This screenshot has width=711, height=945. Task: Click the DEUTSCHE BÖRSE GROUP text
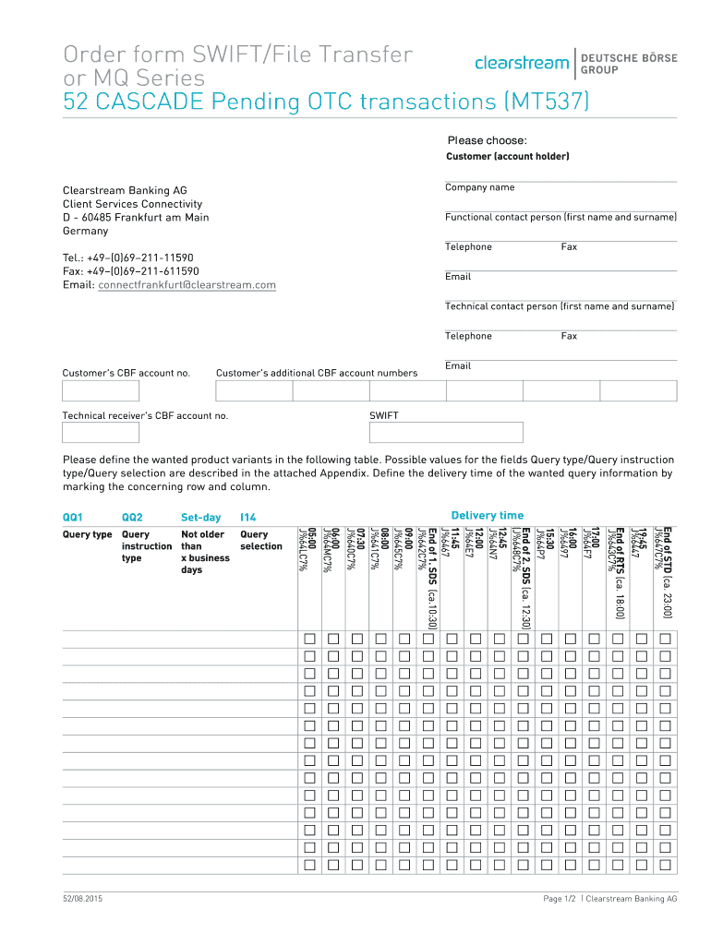point(629,64)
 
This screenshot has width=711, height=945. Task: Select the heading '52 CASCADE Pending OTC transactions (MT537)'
point(325,100)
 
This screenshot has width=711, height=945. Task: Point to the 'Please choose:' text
point(487,140)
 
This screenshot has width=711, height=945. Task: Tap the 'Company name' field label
point(479,187)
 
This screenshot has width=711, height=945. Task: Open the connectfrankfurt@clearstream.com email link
point(187,284)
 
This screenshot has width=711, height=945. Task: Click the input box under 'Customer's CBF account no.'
point(100,391)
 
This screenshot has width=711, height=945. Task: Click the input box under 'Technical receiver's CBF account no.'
point(100,433)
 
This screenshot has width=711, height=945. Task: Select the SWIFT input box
point(445,433)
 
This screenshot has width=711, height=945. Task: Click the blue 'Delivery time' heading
point(487,516)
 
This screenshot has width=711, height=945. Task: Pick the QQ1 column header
point(73,518)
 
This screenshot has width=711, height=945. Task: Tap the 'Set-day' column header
point(200,518)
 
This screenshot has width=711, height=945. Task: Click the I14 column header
point(247,518)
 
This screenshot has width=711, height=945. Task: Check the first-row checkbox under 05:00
point(309,640)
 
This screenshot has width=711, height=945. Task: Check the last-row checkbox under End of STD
point(665,865)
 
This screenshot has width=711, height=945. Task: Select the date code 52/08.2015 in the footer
point(82,898)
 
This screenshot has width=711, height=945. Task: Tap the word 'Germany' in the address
point(85,231)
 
